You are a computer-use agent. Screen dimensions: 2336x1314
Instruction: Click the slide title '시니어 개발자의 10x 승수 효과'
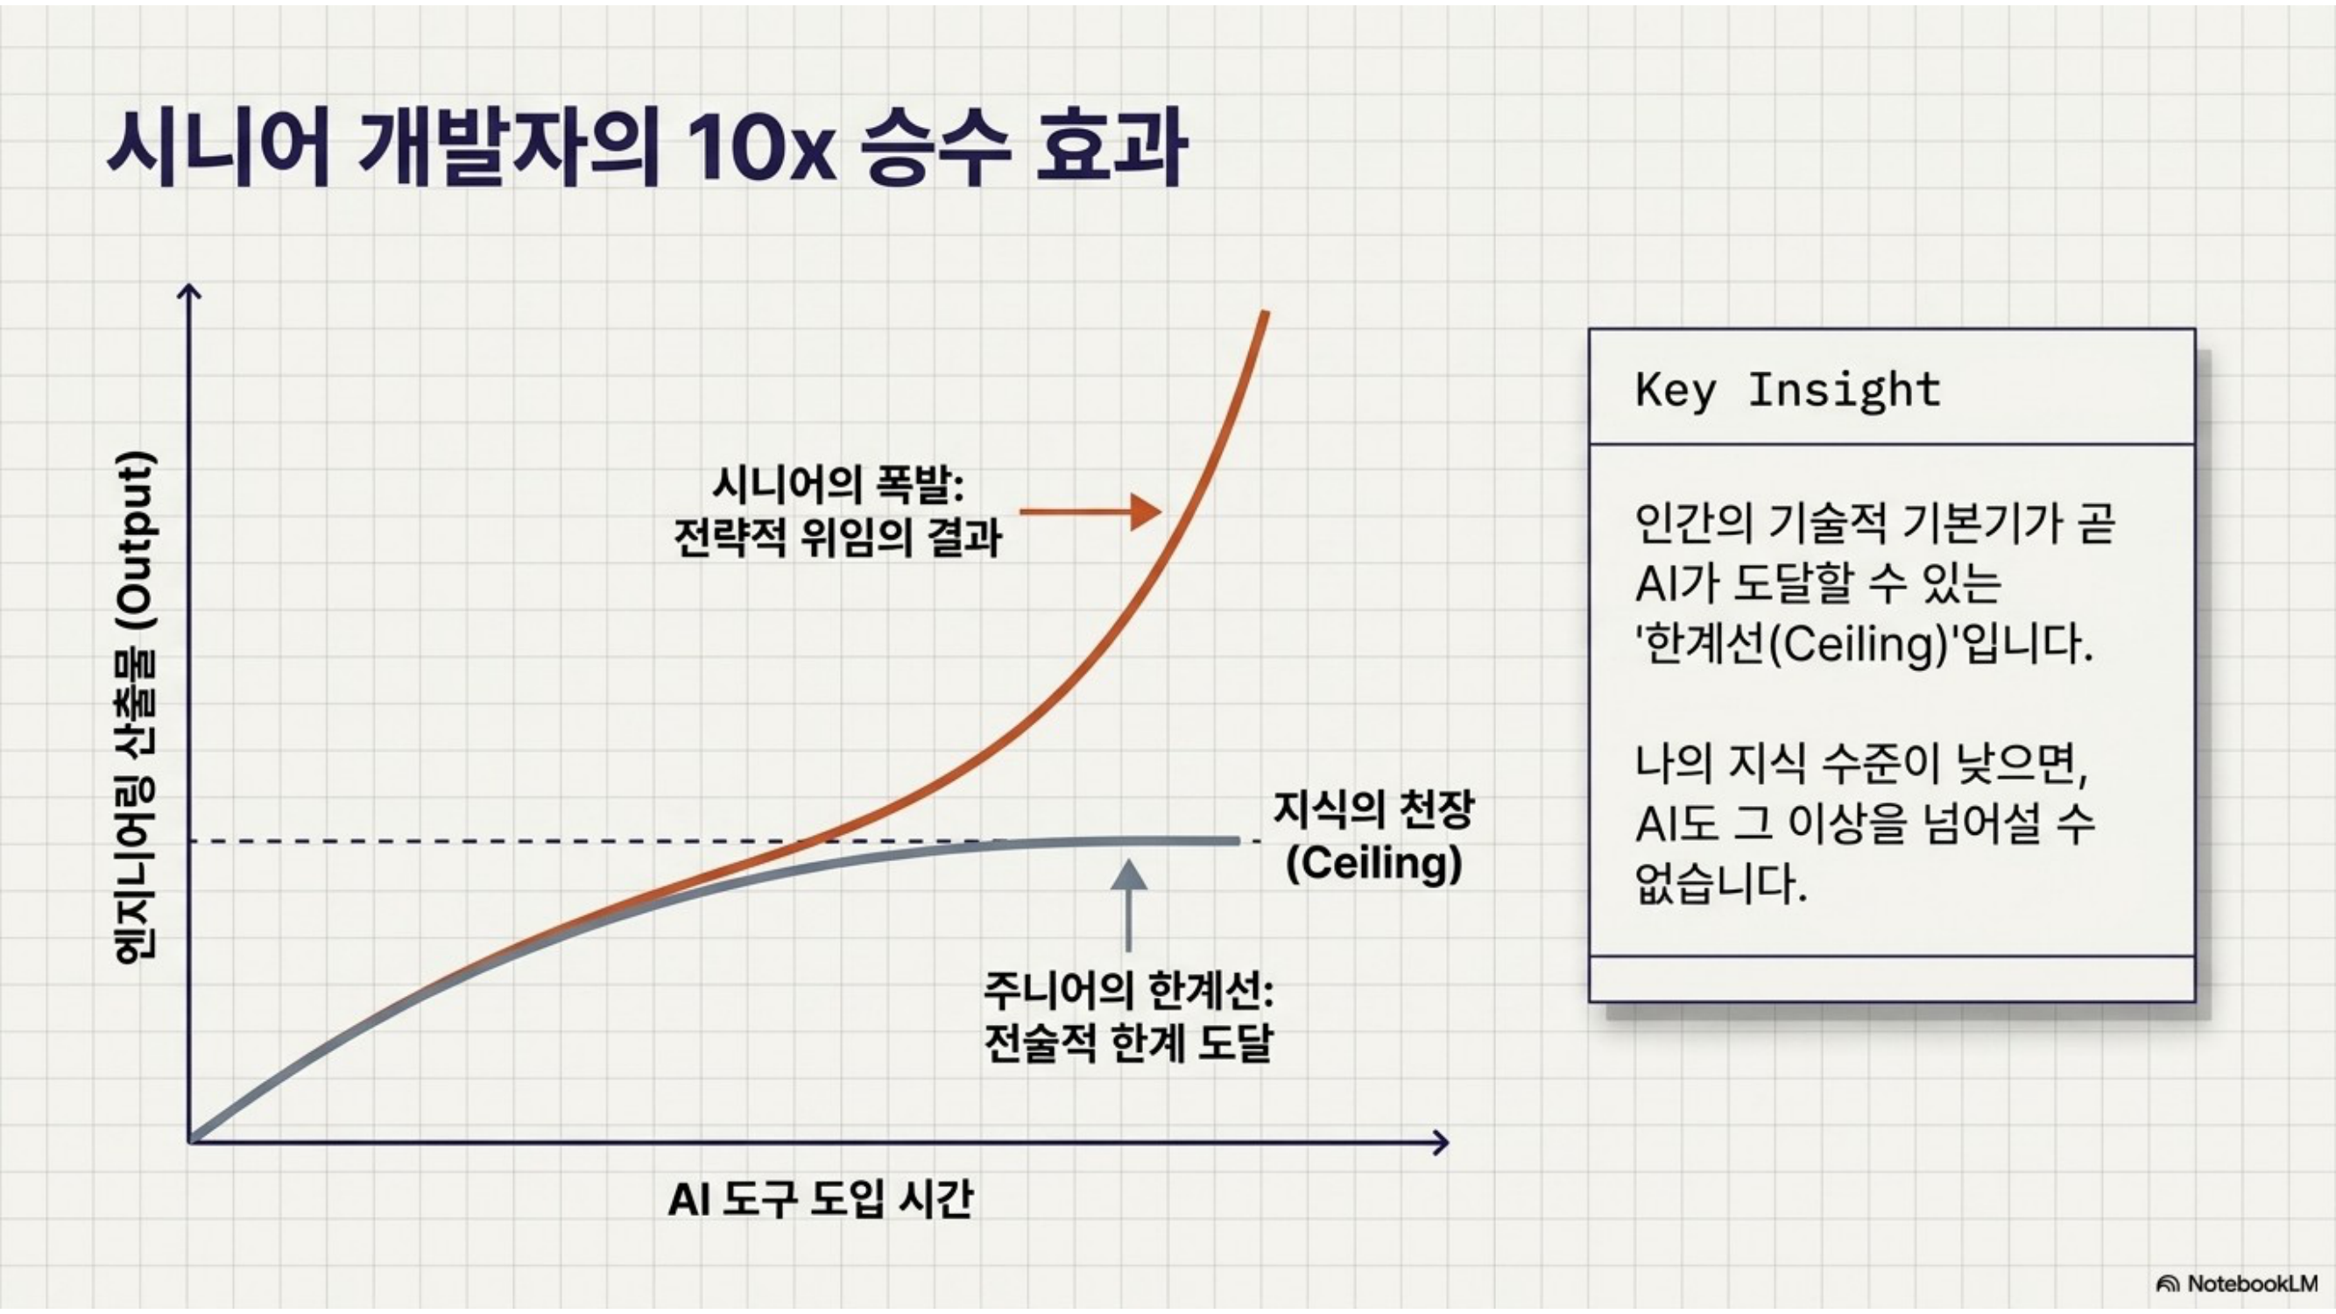[x=646, y=149]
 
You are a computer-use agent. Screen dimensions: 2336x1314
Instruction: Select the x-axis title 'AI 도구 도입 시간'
[x=820, y=1199]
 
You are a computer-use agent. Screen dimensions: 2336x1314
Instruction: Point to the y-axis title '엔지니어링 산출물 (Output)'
[x=134, y=706]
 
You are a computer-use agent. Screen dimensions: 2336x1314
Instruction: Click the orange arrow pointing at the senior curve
[x=1090, y=512]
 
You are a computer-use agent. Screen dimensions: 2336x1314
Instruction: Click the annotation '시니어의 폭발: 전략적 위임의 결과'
[x=838, y=512]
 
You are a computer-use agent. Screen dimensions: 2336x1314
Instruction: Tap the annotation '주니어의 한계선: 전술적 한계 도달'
[x=1128, y=1016]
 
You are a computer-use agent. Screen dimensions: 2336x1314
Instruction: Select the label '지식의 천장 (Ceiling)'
[x=1375, y=836]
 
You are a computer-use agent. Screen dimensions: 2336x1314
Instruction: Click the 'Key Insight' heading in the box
[x=1788, y=390]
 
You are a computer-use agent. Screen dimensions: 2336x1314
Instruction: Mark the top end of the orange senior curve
[x=1265, y=313]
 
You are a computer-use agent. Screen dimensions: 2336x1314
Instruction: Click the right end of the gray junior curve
[x=1237, y=841]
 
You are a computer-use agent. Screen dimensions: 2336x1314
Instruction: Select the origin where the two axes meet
[x=189, y=1141]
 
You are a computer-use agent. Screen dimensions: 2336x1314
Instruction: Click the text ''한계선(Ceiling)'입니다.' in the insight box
[x=1865, y=646]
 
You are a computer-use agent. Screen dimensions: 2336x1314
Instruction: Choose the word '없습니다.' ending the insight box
[x=1721, y=883]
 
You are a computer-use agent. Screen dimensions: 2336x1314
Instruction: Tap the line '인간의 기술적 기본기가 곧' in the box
[x=1875, y=523]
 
